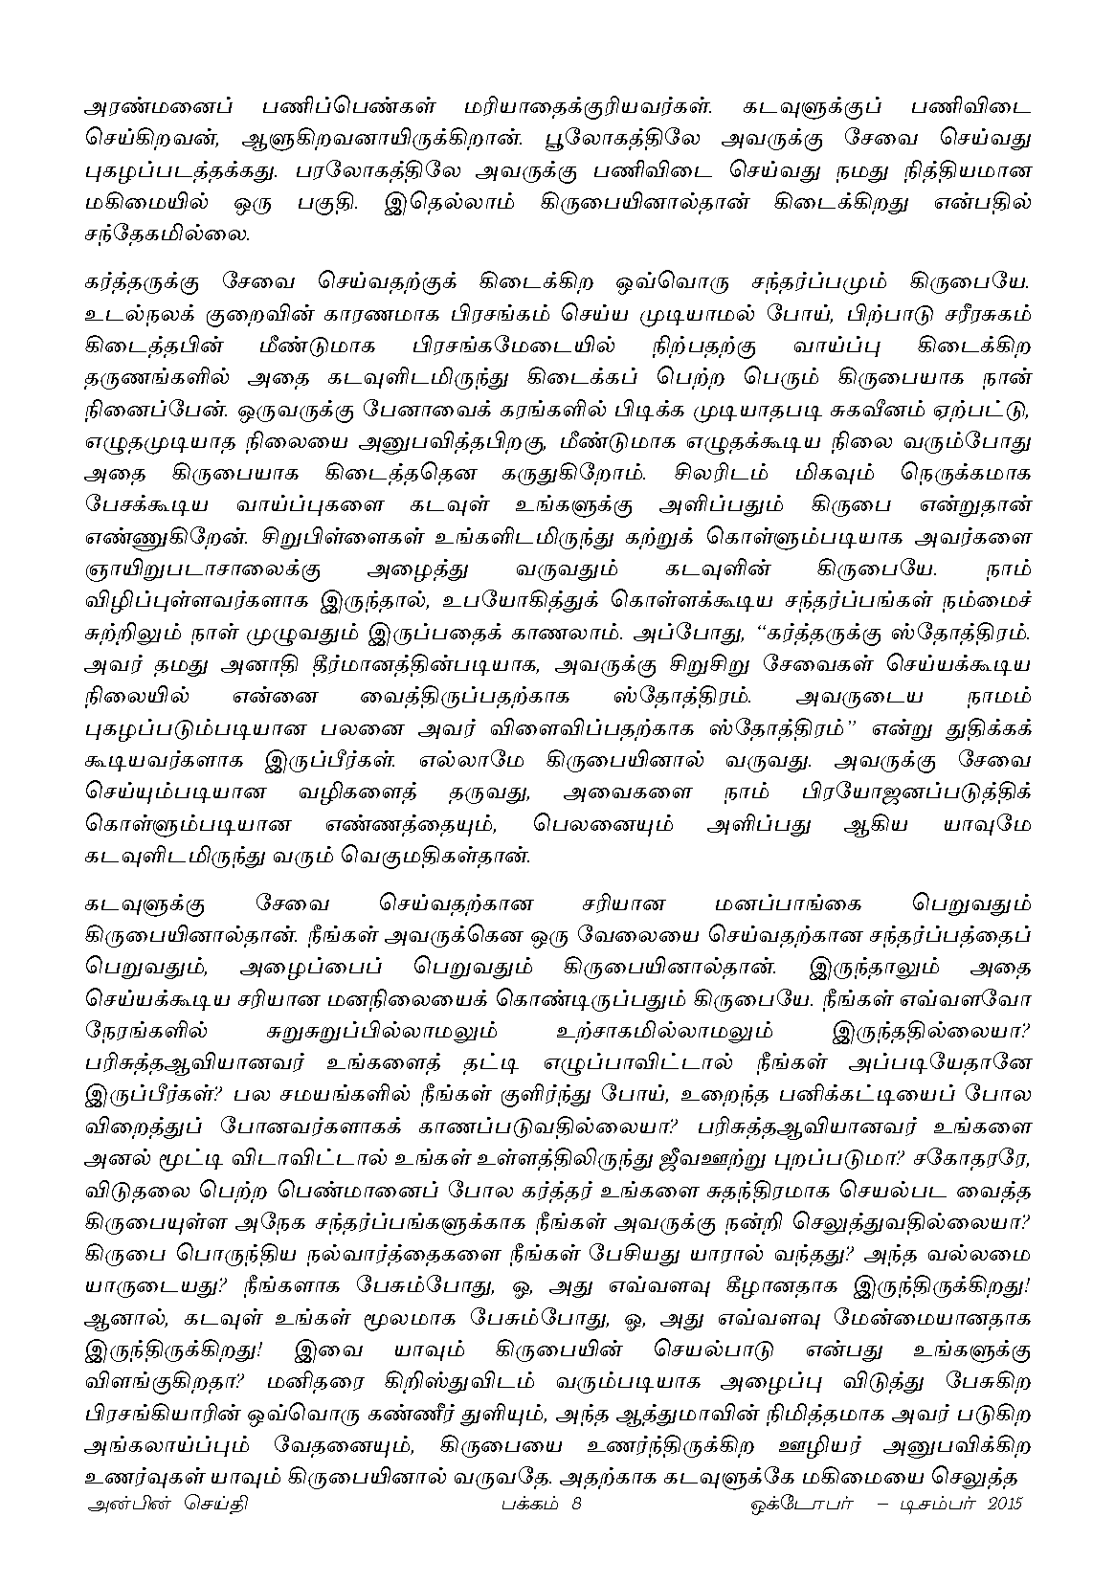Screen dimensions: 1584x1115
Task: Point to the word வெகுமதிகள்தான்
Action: pos(432,857)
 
